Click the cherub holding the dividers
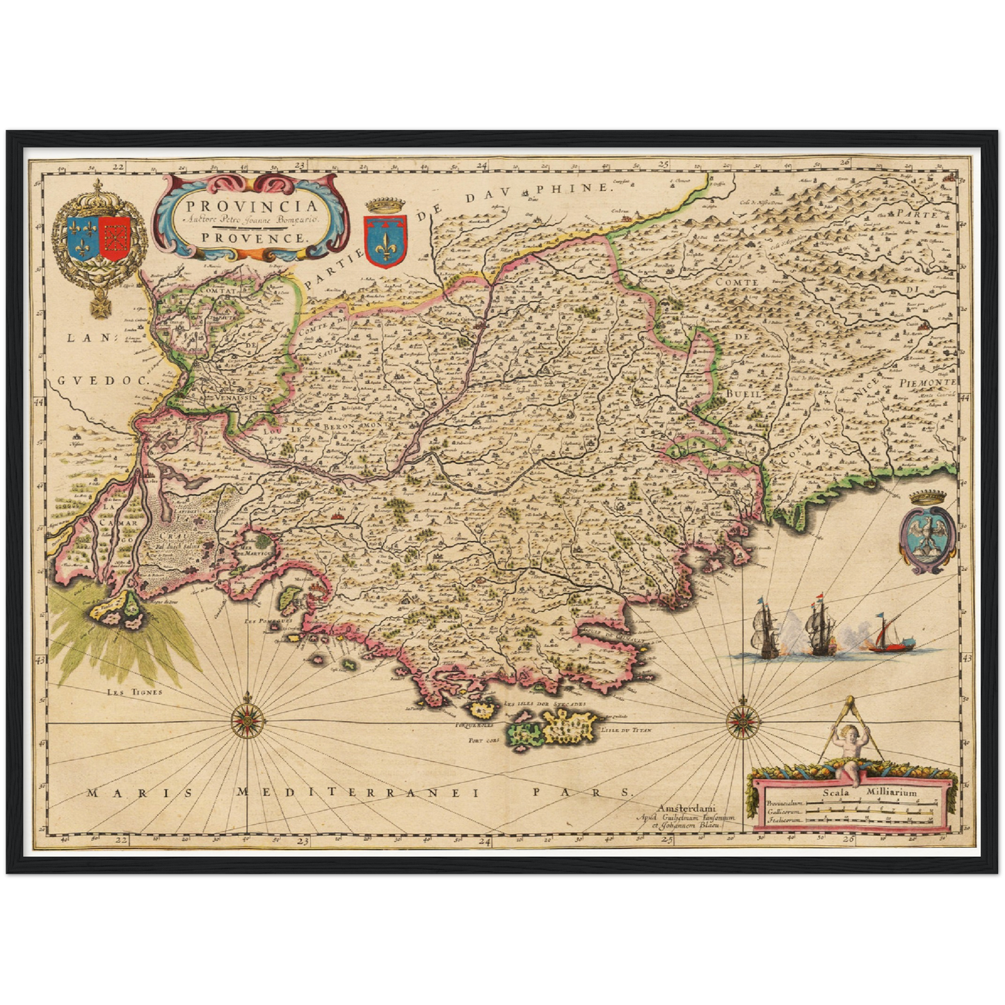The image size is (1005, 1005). click(849, 753)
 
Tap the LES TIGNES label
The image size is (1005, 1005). click(134, 692)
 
